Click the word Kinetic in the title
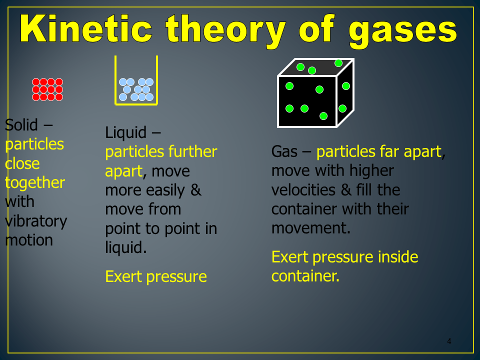coord(86,29)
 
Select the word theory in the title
coord(225,31)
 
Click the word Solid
coord(21,125)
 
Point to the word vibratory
coord(36,221)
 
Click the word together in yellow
coord(35,183)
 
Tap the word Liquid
coord(126,133)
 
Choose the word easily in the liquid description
coord(165,190)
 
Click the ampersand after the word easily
coord(196,190)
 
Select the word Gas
coord(284,151)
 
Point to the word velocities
coord(303,190)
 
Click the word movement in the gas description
coord(310,228)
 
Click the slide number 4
coord(449,341)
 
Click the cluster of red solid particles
coord(47,89)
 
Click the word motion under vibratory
coord(29,240)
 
